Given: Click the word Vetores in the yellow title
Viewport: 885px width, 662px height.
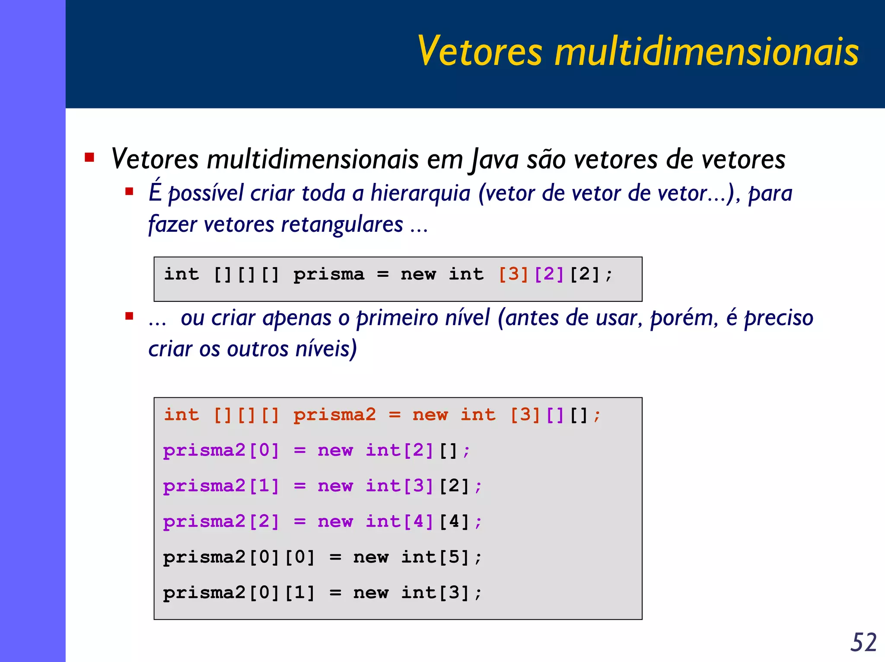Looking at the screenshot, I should (x=480, y=51).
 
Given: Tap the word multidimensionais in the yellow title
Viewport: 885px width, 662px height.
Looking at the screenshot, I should (x=707, y=51).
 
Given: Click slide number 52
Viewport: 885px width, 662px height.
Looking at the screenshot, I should (x=863, y=642).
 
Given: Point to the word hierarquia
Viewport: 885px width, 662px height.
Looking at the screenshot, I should (x=420, y=193).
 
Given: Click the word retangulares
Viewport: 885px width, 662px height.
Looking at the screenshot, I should (x=342, y=224).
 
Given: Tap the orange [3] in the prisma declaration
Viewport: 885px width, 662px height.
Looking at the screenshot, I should (x=513, y=274).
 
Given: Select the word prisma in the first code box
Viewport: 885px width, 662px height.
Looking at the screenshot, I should (x=329, y=274).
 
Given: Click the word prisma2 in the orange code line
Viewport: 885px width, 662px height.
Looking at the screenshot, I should (x=334, y=415).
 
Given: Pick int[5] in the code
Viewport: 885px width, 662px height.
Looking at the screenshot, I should (x=435, y=557).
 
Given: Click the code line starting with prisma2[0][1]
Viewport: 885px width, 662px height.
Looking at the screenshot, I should (x=322, y=592).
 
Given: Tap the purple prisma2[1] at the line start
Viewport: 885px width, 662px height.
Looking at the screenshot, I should (x=221, y=486).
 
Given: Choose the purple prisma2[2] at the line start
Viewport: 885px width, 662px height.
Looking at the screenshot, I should (x=221, y=521).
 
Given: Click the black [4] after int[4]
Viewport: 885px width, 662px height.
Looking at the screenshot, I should (x=454, y=521).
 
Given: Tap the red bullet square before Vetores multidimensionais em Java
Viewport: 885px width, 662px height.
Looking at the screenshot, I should (x=89, y=157).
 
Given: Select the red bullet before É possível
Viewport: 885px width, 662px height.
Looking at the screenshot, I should (x=129, y=191).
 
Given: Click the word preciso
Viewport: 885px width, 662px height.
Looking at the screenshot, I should (x=779, y=318).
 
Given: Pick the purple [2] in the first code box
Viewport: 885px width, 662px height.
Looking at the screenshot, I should (x=549, y=274).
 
